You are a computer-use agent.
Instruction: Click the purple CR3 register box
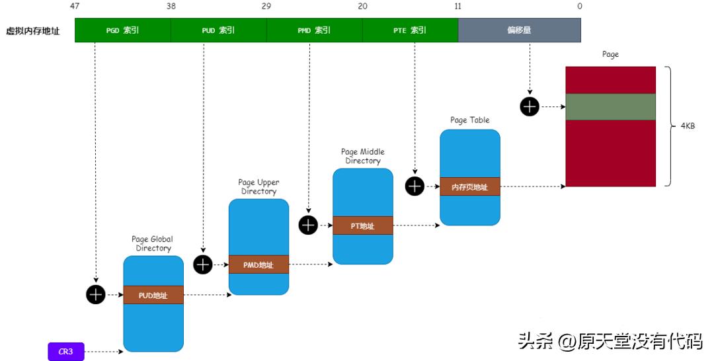66,352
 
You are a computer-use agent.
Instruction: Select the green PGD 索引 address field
122,30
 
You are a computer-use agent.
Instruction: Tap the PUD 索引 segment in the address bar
218,30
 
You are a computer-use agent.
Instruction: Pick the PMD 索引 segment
314,30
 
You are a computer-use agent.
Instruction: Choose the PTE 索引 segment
410,30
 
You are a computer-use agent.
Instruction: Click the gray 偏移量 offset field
519,30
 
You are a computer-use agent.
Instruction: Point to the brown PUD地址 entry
153,296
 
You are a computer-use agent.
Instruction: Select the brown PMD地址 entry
258,264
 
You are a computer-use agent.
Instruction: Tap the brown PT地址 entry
362,226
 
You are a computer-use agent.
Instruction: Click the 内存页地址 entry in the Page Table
470,187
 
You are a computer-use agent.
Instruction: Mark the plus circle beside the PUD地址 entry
96,295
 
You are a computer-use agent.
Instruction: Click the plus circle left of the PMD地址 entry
202,264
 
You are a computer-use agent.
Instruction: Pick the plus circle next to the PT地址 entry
308,225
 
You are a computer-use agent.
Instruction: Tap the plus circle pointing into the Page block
529,106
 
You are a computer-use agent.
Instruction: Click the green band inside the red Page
610,106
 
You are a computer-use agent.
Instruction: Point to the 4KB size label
688,126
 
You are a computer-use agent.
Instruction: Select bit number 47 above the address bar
75,6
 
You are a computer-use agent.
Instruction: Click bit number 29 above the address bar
266,6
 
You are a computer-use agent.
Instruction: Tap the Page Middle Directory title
362,156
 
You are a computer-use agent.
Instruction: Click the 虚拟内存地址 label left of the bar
32,30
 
